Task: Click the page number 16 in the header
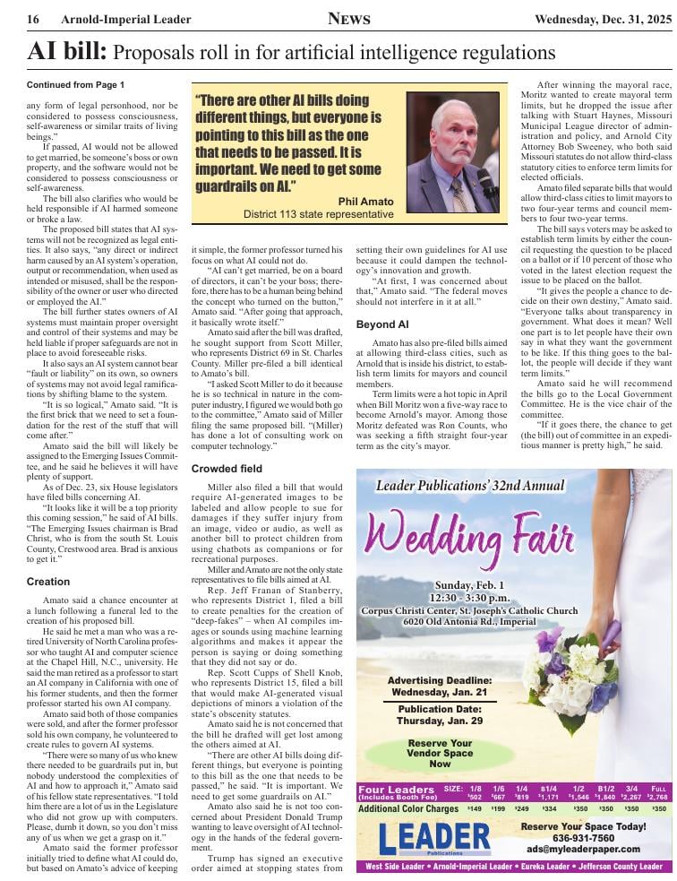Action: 32,19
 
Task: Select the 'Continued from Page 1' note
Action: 76,85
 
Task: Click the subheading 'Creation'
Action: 48,582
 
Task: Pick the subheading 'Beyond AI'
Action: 382,324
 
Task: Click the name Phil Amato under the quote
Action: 365,201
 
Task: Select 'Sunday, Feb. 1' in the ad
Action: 471,585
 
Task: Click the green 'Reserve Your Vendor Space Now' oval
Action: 439,754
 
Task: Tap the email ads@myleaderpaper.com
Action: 583,849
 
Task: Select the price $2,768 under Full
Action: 657,796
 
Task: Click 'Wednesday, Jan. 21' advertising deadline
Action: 439,693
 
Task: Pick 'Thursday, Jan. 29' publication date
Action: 439,720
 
